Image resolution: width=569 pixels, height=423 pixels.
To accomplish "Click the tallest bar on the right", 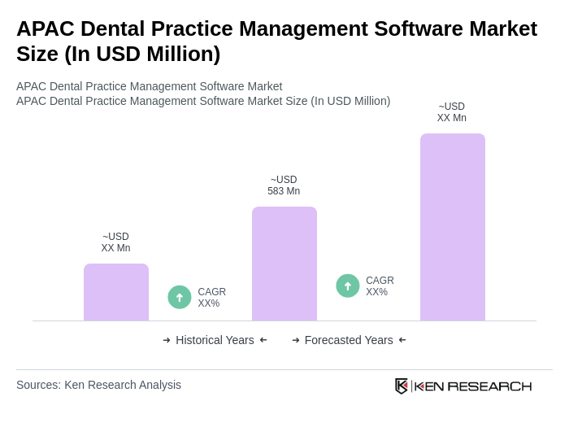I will coord(452,227).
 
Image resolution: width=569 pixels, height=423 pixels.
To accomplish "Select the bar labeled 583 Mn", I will coord(284,264).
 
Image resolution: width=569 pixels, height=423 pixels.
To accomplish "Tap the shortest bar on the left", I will coord(115,292).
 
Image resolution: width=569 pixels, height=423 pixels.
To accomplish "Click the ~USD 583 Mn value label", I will coord(284,185).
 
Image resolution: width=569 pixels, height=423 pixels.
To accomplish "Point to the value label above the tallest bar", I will coord(452,112).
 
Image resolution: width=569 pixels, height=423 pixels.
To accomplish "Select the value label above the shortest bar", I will coord(115,242).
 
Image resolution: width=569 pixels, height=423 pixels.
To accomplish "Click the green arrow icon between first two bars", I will coord(180,297).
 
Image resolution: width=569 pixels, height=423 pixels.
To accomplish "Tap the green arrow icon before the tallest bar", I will coord(348,286).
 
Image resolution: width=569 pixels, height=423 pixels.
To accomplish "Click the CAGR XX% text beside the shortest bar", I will coord(211,298).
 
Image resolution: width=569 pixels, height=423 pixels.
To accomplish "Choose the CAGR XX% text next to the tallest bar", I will coord(380,286).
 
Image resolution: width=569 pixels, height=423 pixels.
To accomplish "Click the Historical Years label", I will coord(215,340).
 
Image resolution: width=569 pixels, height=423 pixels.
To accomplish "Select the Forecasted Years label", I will coord(349,340).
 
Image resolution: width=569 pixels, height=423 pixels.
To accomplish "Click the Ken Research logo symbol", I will coord(402,386).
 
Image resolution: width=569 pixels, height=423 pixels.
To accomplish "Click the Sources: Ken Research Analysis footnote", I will coord(98,385).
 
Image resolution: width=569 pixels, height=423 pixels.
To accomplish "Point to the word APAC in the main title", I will coord(45,28).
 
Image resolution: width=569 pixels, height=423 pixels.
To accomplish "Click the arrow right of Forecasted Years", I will coord(402,340).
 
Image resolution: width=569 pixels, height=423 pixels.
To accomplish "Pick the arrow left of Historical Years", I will coord(167,340).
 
